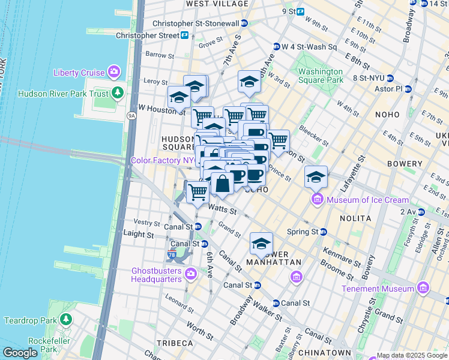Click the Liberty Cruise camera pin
(114, 73)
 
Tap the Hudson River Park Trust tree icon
(118, 93)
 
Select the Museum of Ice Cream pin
(316, 200)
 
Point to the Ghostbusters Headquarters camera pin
(191, 274)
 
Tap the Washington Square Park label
(321, 76)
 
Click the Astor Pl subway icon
(408, 89)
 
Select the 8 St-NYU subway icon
(390, 78)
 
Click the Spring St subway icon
(324, 232)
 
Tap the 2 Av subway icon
(421, 212)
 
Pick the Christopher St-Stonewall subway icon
(244, 23)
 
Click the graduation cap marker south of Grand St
(261, 244)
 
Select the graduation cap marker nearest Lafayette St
(316, 177)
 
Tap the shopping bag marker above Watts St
(222, 184)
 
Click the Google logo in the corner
(20, 352)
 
